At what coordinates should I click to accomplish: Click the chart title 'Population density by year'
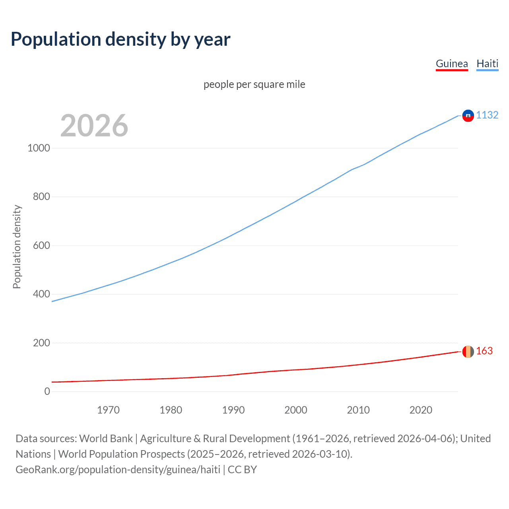pyautogui.click(x=120, y=39)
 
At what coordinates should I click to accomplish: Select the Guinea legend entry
pyautogui.click(x=452, y=64)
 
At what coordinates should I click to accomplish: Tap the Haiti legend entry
pyautogui.click(x=487, y=64)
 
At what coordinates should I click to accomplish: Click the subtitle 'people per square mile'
pyautogui.click(x=254, y=85)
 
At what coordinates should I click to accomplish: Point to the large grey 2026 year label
pyautogui.click(x=94, y=126)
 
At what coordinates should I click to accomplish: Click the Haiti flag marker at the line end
pyautogui.click(x=468, y=116)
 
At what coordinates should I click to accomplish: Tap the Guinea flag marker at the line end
pyautogui.click(x=468, y=352)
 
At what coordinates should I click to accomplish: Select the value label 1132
pyautogui.click(x=487, y=115)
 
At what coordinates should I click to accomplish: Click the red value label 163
pyautogui.click(x=484, y=351)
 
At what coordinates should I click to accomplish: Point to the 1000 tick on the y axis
pyautogui.click(x=39, y=148)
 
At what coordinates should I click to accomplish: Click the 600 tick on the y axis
pyautogui.click(x=41, y=246)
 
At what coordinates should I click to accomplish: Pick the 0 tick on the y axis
pyautogui.click(x=47, y=392)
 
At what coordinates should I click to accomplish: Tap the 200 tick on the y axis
pyautogui.click(x=41, y=343)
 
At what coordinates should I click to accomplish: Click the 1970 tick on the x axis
pyautogui.click(x=108, y=410)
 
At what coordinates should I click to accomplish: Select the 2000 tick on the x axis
pyautogui.click(x=296, y=410)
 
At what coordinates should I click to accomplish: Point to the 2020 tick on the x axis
pyautogui.click(x=421, y=410)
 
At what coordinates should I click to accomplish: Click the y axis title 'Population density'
pyautogui.click(x=17, y=247)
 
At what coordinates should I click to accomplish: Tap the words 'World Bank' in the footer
pyautogui.click(x=106, y=439)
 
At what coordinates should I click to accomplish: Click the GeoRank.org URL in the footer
pyautogui.click(x=118, y=470)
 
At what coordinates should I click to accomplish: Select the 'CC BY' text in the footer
pyautogui.click(x=242, y=470)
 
